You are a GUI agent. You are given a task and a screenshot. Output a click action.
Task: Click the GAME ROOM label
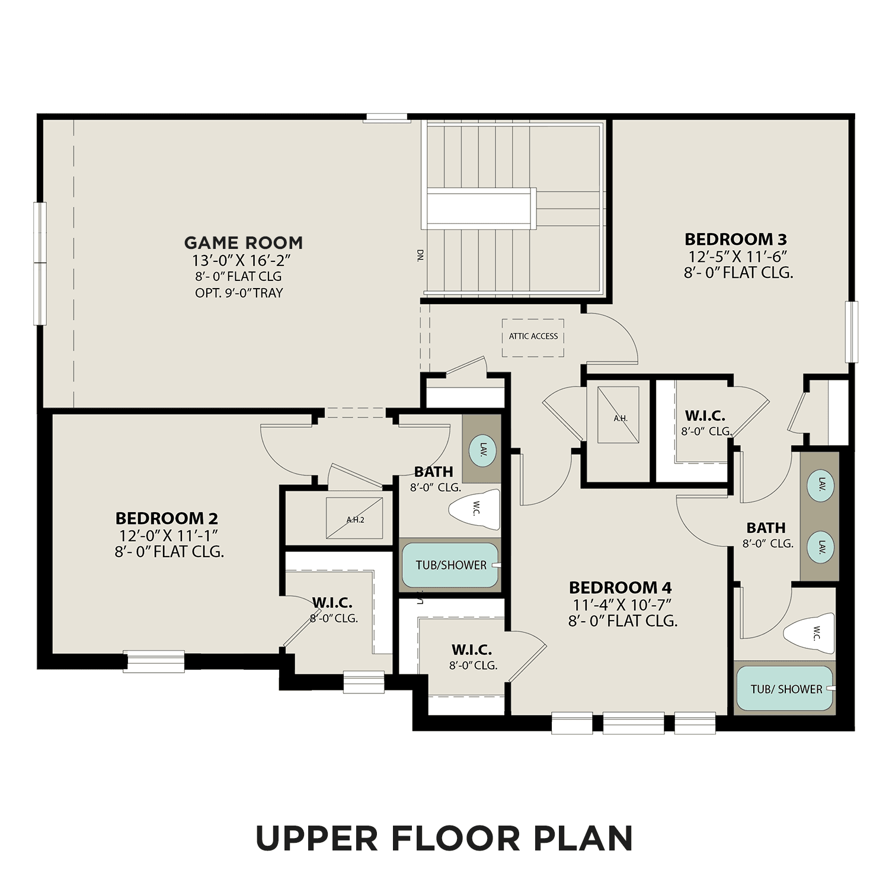tap(243, 242)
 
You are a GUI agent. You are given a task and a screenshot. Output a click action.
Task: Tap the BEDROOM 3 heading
tap(735, 239)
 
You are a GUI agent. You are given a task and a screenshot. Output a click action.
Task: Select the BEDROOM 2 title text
tap(167, 519)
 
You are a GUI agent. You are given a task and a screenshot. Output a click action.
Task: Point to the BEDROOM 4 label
tap(620, 587)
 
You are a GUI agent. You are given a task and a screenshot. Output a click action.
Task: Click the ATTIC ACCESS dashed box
tap(533, 338)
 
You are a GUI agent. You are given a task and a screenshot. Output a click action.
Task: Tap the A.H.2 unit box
tap(354, 518)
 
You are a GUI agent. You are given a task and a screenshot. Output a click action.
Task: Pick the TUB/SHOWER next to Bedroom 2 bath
tap(450, 565)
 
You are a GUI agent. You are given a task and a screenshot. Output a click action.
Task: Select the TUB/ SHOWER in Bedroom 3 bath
tap(785, 689)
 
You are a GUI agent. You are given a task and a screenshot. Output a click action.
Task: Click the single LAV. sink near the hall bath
tap(482, 449)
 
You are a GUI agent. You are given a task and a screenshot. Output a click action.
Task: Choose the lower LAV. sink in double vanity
tap(820, 546)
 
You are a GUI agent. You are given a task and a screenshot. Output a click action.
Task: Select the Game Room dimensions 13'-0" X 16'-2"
tap(240, 260)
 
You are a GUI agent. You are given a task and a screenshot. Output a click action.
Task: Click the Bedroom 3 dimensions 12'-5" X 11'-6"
tap(737, 257)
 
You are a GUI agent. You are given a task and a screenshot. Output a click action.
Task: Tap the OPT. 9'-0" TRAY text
tap(239, 293)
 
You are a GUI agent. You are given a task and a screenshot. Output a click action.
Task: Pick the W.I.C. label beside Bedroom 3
tap(705, 415)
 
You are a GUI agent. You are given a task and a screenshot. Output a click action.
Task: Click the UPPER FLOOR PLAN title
tap(444, 838)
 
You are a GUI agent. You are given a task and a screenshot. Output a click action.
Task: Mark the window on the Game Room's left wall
tap(40, 263)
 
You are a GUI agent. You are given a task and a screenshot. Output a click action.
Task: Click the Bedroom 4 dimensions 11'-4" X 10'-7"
tap(622, 604)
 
